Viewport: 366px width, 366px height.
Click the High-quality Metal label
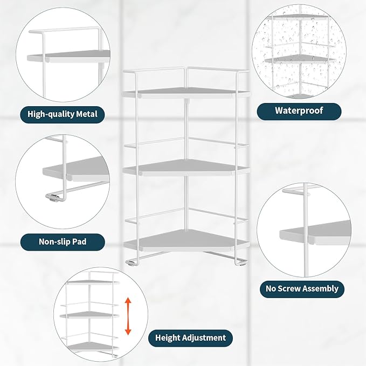point(63,114)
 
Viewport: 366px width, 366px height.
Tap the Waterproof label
point(299,111)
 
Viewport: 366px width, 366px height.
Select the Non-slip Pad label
point(63,241)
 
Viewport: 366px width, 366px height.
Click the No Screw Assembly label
point(302,288)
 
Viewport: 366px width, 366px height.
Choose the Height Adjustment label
point(190,338)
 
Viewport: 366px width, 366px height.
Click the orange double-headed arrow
point(128,316)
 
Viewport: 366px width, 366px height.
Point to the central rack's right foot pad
point(239,264)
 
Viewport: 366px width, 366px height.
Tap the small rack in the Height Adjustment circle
point(92,313)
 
